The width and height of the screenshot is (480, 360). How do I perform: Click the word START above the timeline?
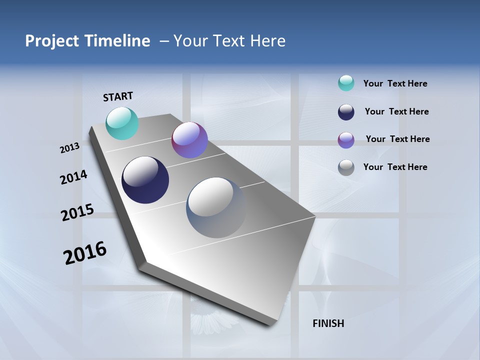coord(118,96)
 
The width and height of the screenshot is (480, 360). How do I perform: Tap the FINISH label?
coord(328,323)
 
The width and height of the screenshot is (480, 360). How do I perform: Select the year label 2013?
coord(70,148)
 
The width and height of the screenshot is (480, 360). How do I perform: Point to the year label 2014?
coord(74,177)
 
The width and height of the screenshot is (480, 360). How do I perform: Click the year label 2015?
coord(77,212)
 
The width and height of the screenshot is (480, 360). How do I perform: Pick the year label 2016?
coord(85,253)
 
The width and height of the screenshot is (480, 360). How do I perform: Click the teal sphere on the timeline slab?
coord(122,123)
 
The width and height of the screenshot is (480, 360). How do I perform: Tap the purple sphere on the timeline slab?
coord(189,140)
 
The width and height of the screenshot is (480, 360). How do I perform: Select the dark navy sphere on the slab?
coord(145,180)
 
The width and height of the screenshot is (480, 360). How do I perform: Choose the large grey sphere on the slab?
coord(216,207)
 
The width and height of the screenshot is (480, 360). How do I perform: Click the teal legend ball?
coord(346,83)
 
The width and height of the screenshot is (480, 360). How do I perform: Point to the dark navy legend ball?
coord(346,111)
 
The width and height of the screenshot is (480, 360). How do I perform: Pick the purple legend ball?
coord(346,139)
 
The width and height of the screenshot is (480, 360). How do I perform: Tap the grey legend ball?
coord(346,167)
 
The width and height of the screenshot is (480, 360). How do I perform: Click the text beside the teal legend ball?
coord(395,83)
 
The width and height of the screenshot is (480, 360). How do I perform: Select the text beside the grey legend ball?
coord(395,167)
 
